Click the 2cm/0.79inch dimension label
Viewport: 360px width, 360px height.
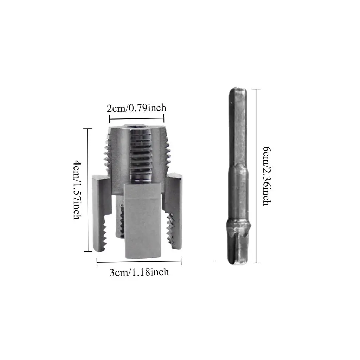[136, 108]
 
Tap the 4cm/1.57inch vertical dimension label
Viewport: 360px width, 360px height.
[77, 190]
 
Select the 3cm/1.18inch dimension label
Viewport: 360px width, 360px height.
[139, 272]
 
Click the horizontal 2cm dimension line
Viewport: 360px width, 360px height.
[137, 119]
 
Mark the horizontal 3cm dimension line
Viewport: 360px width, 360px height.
[139, 261]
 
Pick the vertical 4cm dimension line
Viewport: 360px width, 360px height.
[88, 190]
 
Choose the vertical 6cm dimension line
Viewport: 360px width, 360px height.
[256, 176]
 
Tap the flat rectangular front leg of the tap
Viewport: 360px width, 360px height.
[142, 221]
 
